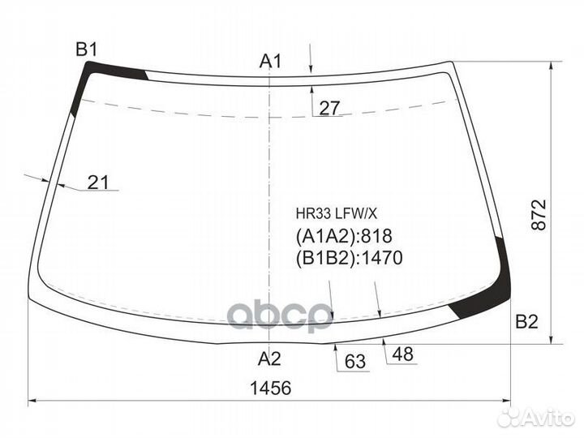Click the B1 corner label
pos(87,49)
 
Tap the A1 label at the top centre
pos(270,61)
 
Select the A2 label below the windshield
pos(269,359)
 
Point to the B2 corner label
pos(526,321)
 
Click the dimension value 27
pos(329,109)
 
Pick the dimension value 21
pos(98,182)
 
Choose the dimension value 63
pos(355,361)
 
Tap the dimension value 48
pos(402,354)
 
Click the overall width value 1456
pos(270,388)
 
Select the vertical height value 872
pos(539,215)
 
